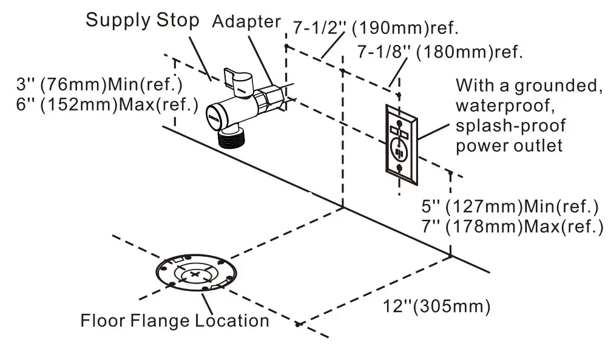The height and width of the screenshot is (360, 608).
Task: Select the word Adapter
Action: click(x=246, y=21)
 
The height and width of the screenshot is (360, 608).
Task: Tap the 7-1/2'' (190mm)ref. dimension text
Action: click(x=376, y=28)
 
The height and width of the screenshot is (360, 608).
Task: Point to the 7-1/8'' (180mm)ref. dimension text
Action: click(x=439, y=52)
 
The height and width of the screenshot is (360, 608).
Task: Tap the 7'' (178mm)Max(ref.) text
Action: click(x=512, y=226)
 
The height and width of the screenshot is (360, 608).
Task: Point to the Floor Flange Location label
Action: click(x=175, y=320)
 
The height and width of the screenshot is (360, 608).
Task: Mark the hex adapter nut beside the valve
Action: click(x=268, y=100)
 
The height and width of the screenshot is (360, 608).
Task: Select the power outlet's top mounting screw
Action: click(x=400, y=112)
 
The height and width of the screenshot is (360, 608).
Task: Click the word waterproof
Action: click(x=504, y=106)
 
